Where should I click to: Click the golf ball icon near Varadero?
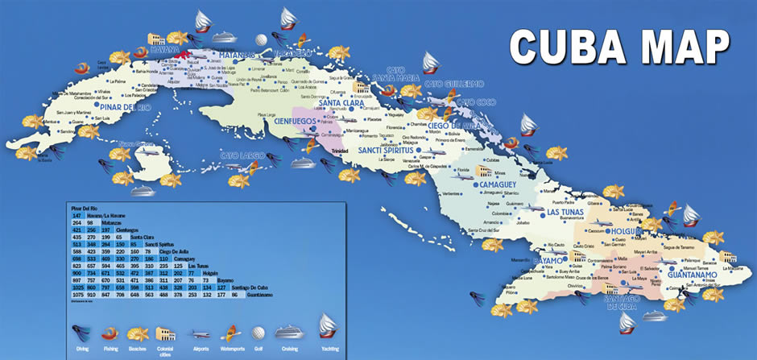pos(261,39)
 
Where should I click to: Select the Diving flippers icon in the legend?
pos(80,329)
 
